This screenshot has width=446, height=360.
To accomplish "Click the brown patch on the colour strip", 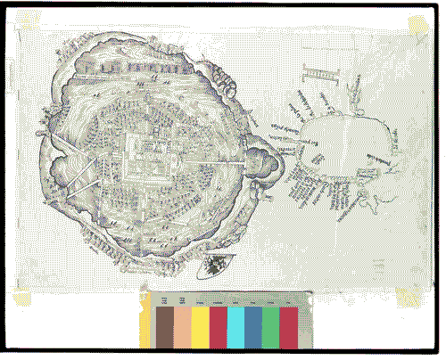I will (x=165, y=327).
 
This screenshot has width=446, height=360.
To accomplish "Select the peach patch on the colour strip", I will (x=182, y=327).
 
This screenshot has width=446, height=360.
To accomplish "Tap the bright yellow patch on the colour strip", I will (x=200, y=327).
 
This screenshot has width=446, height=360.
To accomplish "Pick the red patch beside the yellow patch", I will (x=218, y=327).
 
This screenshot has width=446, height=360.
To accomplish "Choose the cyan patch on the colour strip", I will (x=235, y=327).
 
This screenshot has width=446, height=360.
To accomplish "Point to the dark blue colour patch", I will (x=253, y=327).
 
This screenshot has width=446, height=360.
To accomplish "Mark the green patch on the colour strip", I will (x=270, y=327).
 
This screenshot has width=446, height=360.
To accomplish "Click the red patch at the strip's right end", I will (x=288, y=327).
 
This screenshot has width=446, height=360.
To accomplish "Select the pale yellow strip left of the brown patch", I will (x=145, y=327).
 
